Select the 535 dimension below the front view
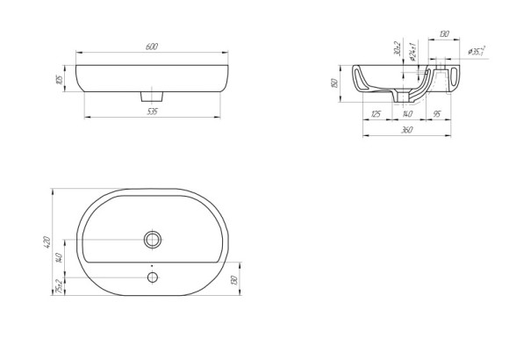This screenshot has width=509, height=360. (x=154, y=112)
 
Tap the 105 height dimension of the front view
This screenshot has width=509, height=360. (x=59, y=80)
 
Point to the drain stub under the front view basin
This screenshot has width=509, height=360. (x=154, y=93)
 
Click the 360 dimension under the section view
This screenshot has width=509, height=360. (x=406, y=130)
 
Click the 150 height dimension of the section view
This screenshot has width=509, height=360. (x=336, y=83)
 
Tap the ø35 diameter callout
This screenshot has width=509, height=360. (x=477, y=52)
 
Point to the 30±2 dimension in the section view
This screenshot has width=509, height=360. (x=398, y=49)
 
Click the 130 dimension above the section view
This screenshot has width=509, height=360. (x=444, y=34)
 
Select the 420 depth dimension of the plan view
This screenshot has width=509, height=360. (x=47, y=241)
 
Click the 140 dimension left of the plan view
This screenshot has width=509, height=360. (x=58, y=257)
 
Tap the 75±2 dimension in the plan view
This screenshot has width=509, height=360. (x=58, y=285)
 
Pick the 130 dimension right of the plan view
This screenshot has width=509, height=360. (x=233, y=280)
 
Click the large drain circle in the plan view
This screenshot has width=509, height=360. (x=153, y=239)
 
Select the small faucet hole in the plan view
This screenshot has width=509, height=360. (x=153, y=277)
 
